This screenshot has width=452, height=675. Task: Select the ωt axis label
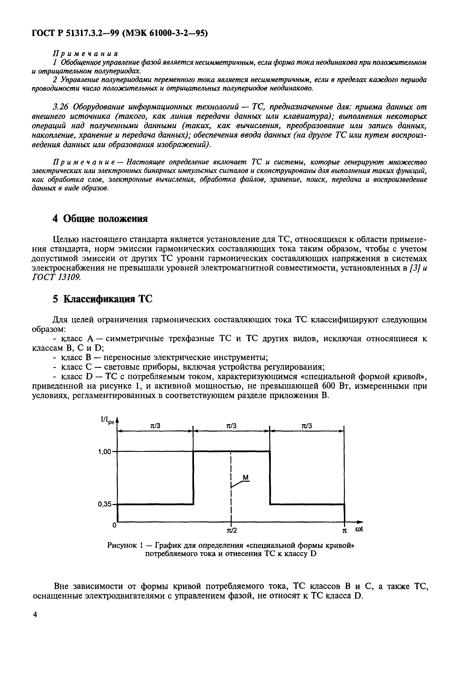tap(359, 529)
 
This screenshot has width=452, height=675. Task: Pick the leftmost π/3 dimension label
tap(155, 426)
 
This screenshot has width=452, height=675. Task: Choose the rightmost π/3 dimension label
tap(307, 426)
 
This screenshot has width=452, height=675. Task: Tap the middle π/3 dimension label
tap(231, 426)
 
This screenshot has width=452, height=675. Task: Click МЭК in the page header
tap(134, 33)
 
